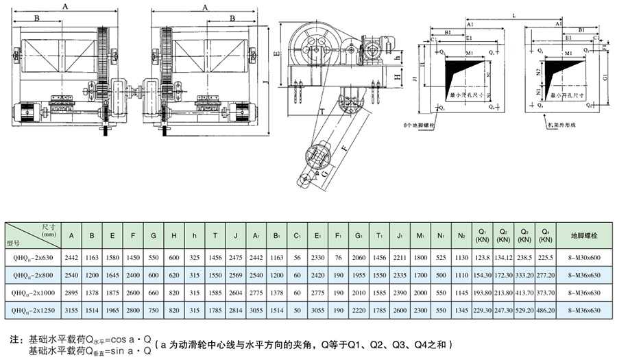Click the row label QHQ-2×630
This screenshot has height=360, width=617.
(x=32, y=257)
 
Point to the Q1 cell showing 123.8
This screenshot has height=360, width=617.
(x=483, y=257)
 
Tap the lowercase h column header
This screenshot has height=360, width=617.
(x=195, y=235)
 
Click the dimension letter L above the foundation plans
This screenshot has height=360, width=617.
(x=514, y=14)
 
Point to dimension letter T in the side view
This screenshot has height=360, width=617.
(x=321, y=110)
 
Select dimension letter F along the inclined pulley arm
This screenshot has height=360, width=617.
(x=342, y=147)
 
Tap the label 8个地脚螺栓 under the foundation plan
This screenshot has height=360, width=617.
(x=419, y=125)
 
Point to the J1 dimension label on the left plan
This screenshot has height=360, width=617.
(x=415, y=78)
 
